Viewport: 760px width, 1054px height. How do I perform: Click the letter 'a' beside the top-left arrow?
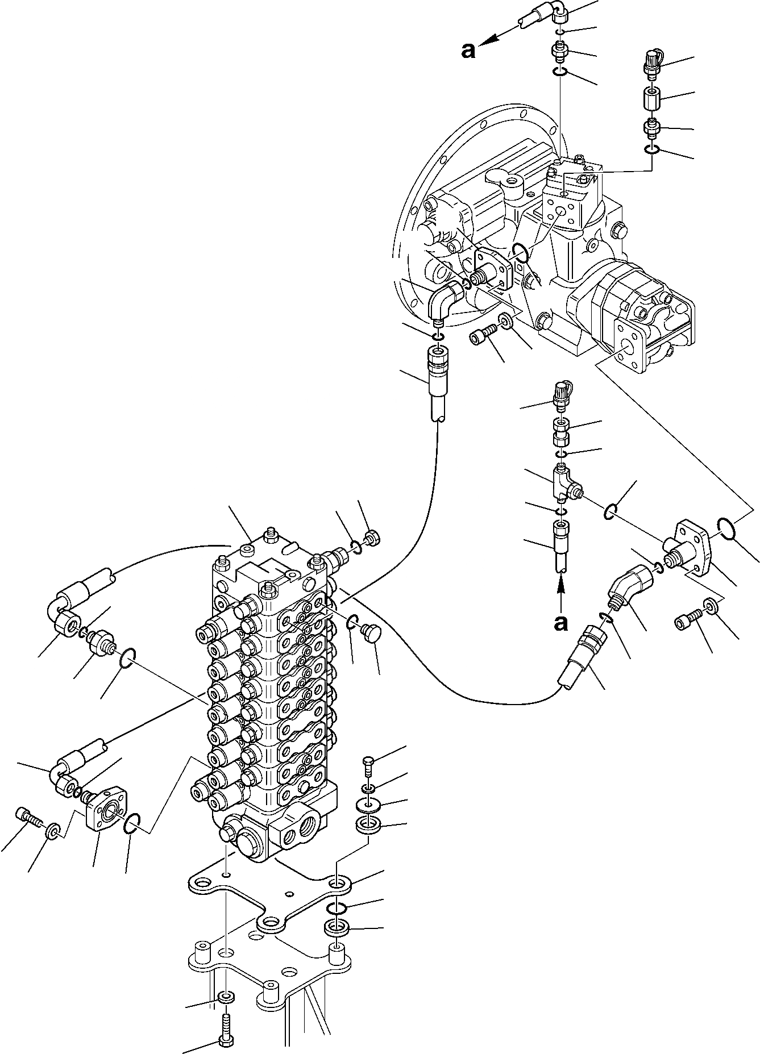coord(467,52)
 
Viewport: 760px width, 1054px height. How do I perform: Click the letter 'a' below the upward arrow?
coord(561,624)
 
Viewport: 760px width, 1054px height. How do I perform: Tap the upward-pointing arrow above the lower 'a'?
coord(561,591)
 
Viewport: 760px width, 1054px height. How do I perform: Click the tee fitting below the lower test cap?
coord(564,482)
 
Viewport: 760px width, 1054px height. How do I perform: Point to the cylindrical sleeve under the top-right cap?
coord(651,100)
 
